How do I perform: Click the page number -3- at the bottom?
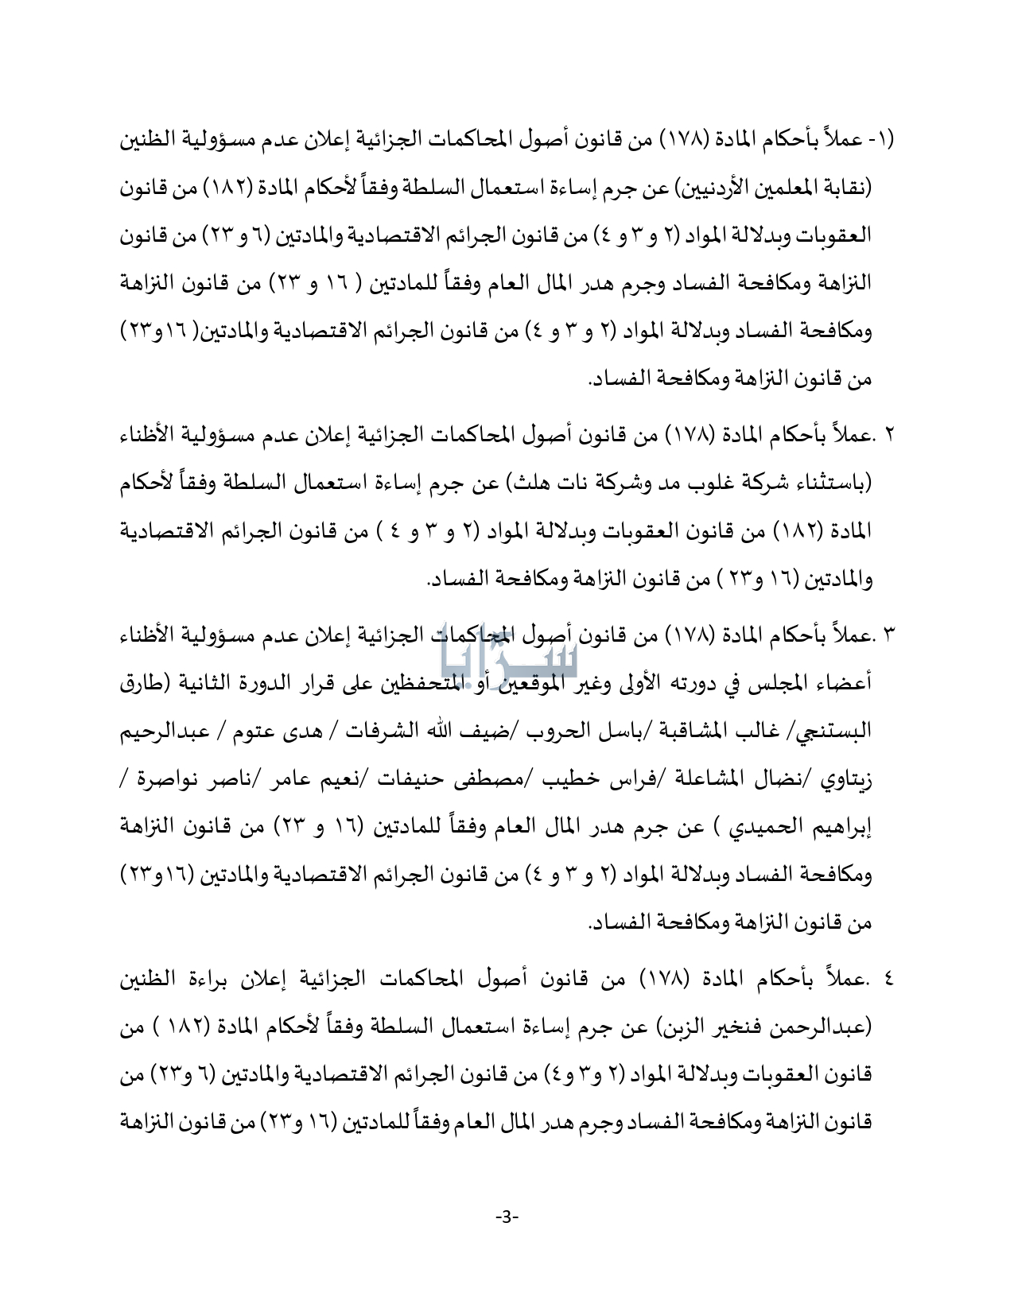507,1217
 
